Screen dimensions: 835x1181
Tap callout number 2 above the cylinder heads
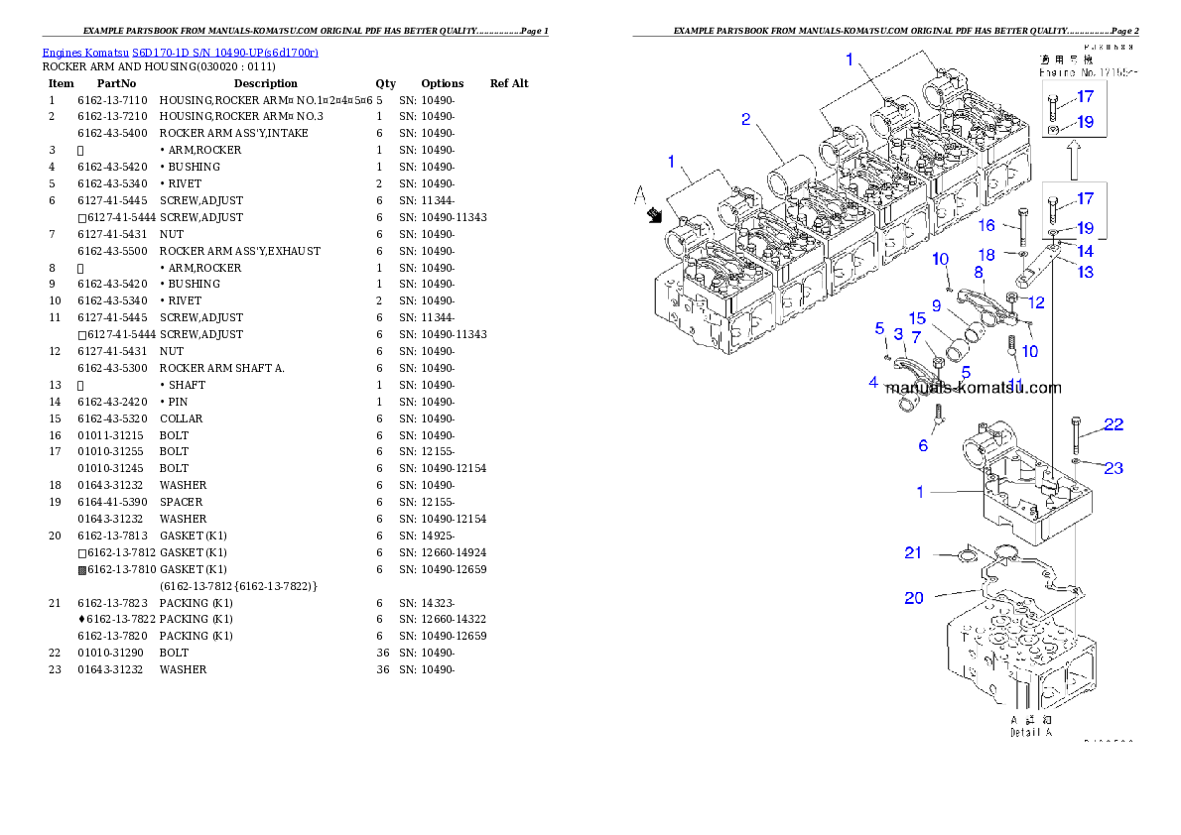point(745,120)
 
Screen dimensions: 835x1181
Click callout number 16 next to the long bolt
point(986,226)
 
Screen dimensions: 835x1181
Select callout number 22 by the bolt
point(1114,424)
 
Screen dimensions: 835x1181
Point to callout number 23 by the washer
point(1114,467)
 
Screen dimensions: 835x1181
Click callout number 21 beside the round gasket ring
point(913,552)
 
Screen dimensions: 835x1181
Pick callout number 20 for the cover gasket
point(913,597)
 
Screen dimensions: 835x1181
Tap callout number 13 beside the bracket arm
point(1086,272)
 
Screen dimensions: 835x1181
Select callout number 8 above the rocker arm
point(979,271)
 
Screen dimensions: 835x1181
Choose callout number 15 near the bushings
point(917,318)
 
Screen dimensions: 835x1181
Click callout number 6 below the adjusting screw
point(923,445)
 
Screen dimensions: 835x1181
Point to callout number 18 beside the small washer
point(986,255)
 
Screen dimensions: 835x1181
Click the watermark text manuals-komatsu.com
point(973,389)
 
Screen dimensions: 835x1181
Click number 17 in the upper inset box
point(1085,96)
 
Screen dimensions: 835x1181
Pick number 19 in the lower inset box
point(1085,228)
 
